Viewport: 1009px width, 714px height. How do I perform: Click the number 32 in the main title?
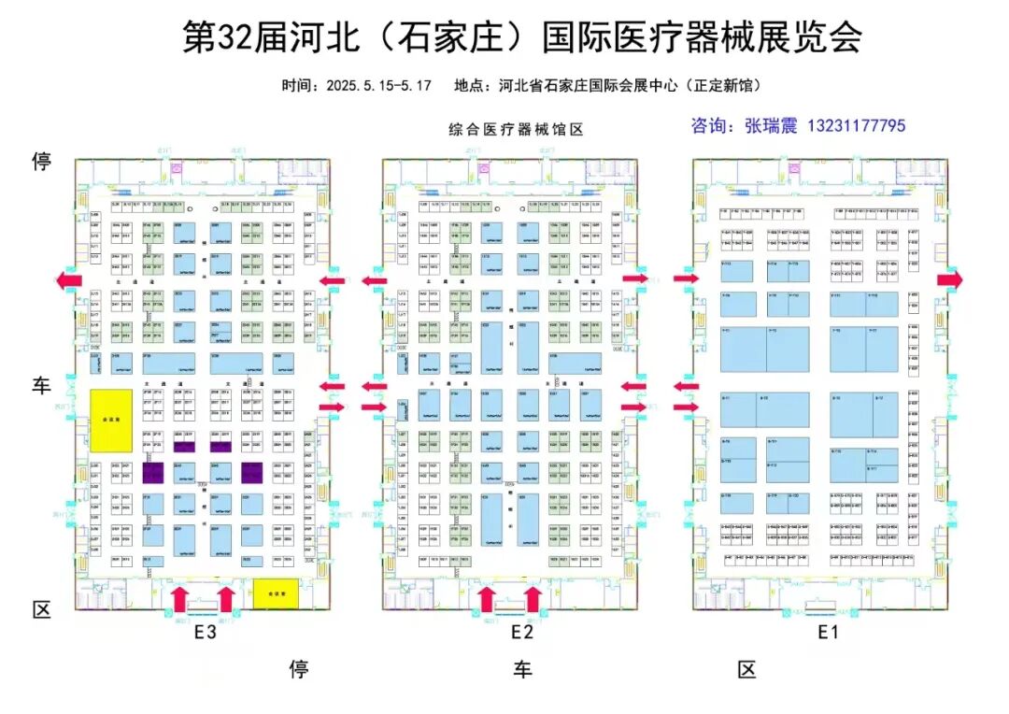[x=237, y=38]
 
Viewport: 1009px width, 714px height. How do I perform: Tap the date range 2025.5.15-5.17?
[x=378, y=86]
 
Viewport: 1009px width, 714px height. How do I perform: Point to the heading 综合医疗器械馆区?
[x=516, y=130]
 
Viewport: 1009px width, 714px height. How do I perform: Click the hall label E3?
[x=206, y=633]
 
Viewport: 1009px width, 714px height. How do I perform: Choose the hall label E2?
[x=521, y=633]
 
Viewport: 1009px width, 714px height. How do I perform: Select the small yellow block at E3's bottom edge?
[x=275, y=593]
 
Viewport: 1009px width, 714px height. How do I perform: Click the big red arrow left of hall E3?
[x=67, y=279]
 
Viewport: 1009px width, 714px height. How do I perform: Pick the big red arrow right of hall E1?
[x=950, y=279]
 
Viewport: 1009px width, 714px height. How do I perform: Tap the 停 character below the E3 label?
[x=299, y=669]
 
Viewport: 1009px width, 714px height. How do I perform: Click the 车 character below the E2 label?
[x=522, y=669]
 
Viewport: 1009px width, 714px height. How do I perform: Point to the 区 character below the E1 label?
[x=746, y=669]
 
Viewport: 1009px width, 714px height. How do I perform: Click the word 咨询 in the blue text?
[x=706, y=125]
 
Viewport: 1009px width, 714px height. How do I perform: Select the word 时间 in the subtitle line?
[x=299, y=86]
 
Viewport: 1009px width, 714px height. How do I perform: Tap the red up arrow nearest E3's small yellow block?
[x=226, y=599]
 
